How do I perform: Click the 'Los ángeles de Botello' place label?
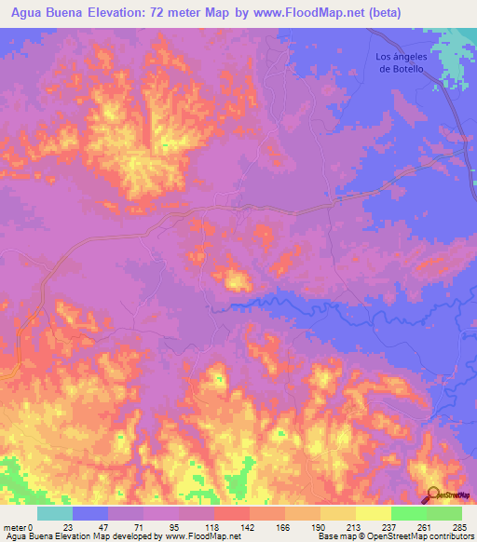coord(400,62)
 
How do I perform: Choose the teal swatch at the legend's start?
coord(55,513)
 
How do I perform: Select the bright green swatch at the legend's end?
coord(443,513)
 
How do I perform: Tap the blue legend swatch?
coord(90,513)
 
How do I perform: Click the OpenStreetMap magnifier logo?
coord(434,495)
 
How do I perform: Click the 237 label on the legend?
coord(390,528)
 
